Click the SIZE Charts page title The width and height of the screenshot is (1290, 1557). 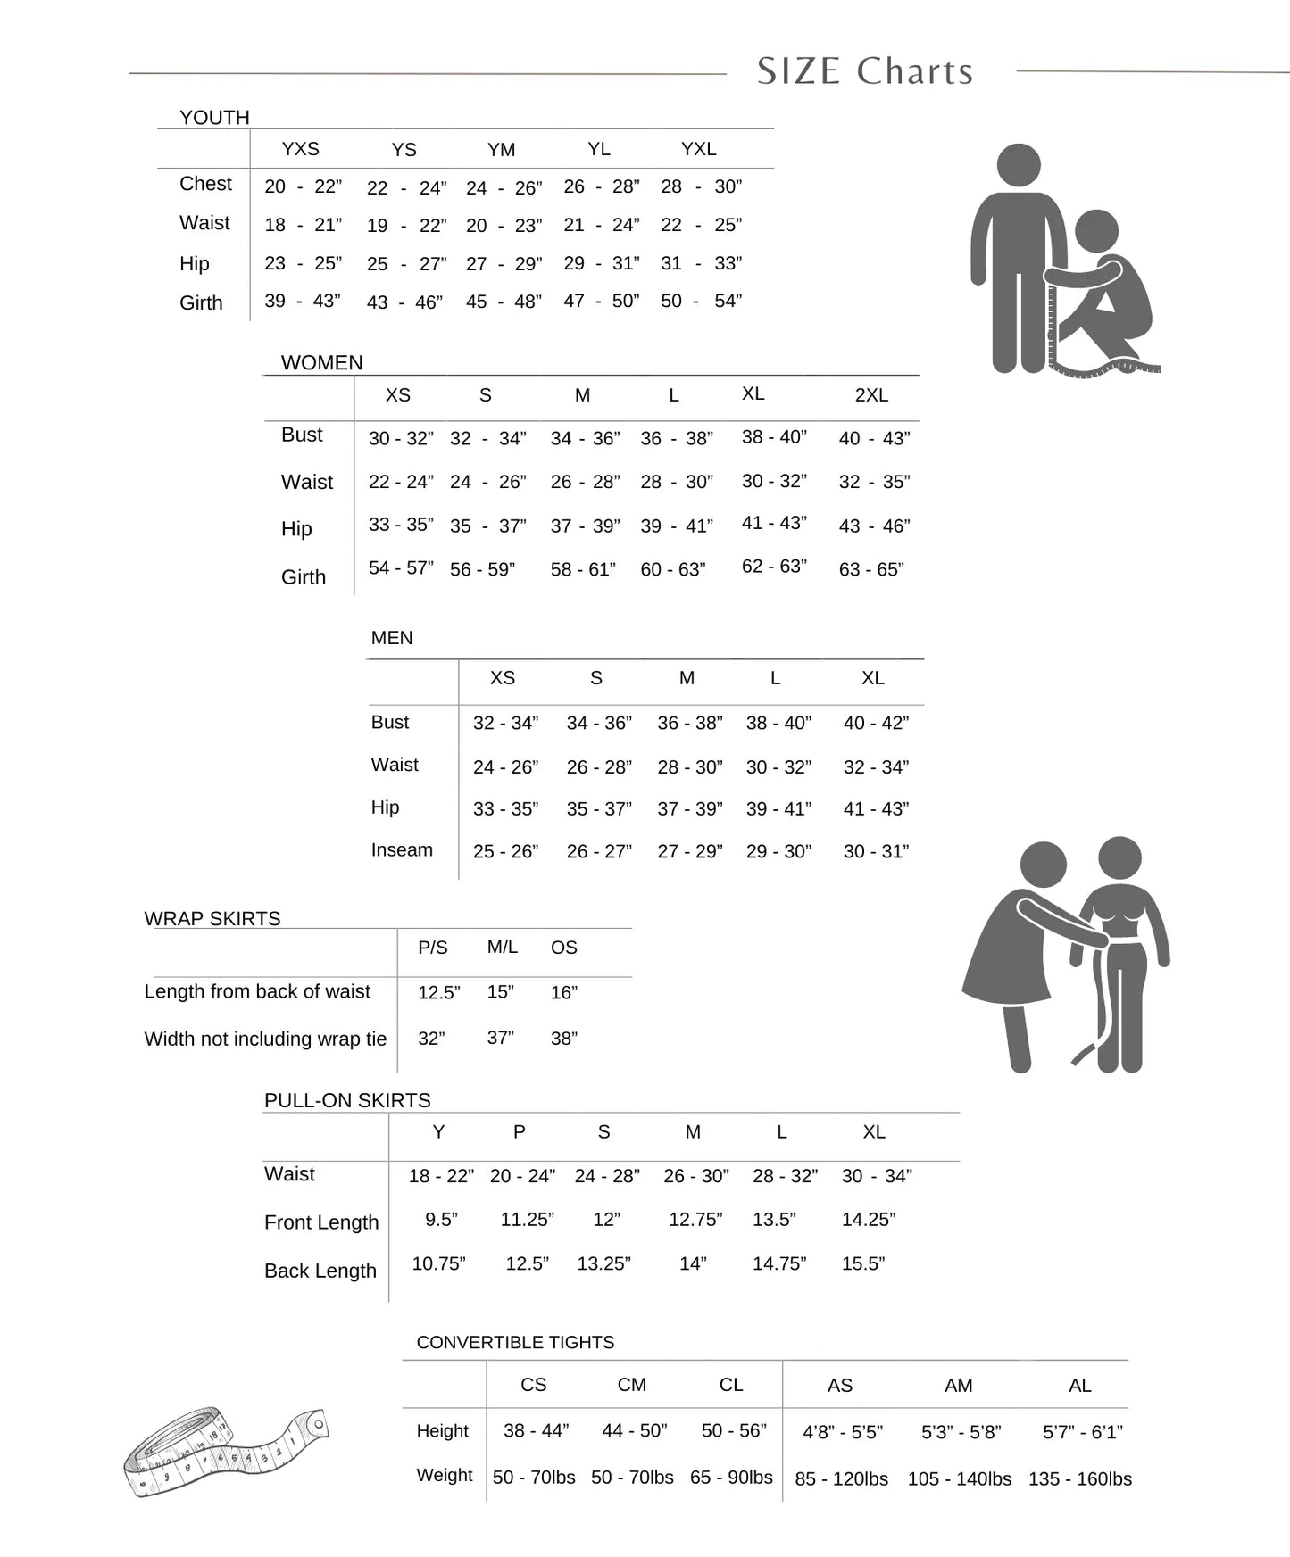pos(864,71)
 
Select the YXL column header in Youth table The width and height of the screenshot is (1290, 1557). pos(698,149)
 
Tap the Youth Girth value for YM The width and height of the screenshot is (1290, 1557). pos(504,302)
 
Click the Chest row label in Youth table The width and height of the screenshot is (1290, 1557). pos(205,184)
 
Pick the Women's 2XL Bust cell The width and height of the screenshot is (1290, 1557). pos(874,438)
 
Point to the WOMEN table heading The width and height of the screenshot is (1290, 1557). pos(321,363)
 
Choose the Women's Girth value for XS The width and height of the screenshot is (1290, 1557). pos(401,567)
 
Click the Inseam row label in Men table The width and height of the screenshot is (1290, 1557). pos(402,850)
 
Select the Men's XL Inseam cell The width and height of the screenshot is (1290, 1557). pos(876,851)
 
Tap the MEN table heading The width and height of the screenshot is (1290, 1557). pos(392,638)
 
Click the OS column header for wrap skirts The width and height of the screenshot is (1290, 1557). pos(563,948)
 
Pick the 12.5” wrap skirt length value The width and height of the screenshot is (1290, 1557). pos(438,992)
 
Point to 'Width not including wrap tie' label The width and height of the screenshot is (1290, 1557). pos(265,1039)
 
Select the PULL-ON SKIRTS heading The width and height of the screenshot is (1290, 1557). pos(347,1101)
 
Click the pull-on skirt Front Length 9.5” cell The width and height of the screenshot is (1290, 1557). pos(441,1220)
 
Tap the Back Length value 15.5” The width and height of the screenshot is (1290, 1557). pos(862,1263)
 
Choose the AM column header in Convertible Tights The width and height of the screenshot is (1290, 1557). pos(958,1386)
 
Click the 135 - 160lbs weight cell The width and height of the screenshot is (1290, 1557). pos(1079,1478)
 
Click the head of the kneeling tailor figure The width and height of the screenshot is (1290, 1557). pos(1096,231)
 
